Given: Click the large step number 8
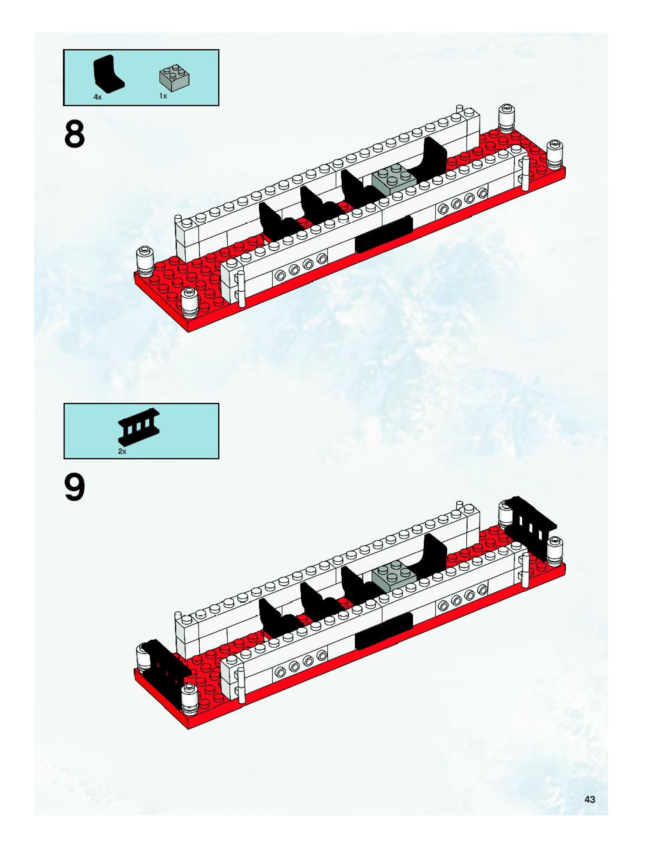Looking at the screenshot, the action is pyautogui.click(x=75, y=134).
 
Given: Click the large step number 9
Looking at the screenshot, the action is pyautogui.click(x=75, y=488).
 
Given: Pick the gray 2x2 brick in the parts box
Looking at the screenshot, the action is pyautogui.click(x=176, y=79).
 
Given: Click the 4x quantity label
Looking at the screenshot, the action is pyautogui.click(x=97, y=98).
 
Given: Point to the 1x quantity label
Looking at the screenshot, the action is pyautogui.click(x=163, y=96).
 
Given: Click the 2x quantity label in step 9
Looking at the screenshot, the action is pyautogui.click(x=122, y=451).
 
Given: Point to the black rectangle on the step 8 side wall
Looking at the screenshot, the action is pyautogui.click(x=384, y=234).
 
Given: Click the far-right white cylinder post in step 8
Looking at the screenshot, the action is pyautogui.click(x=554, y=154).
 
